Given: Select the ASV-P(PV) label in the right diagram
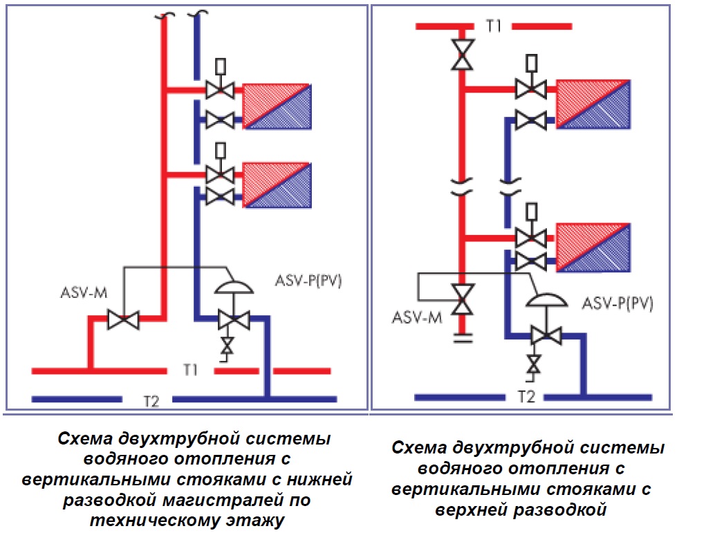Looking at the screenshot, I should [x=617, y=303].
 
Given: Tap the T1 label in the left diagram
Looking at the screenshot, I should [x=191, y=371].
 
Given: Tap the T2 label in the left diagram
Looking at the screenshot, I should [x=151, y=400].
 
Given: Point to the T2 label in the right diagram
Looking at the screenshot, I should [x=527, y=397].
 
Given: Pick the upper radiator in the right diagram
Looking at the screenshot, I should [x=593, y=104].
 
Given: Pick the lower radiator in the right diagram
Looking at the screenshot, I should [x=593, y=247].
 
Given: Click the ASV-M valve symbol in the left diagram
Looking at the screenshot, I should [x=123, y=320].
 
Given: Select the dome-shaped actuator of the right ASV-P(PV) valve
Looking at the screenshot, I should [x=544, y=299].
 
